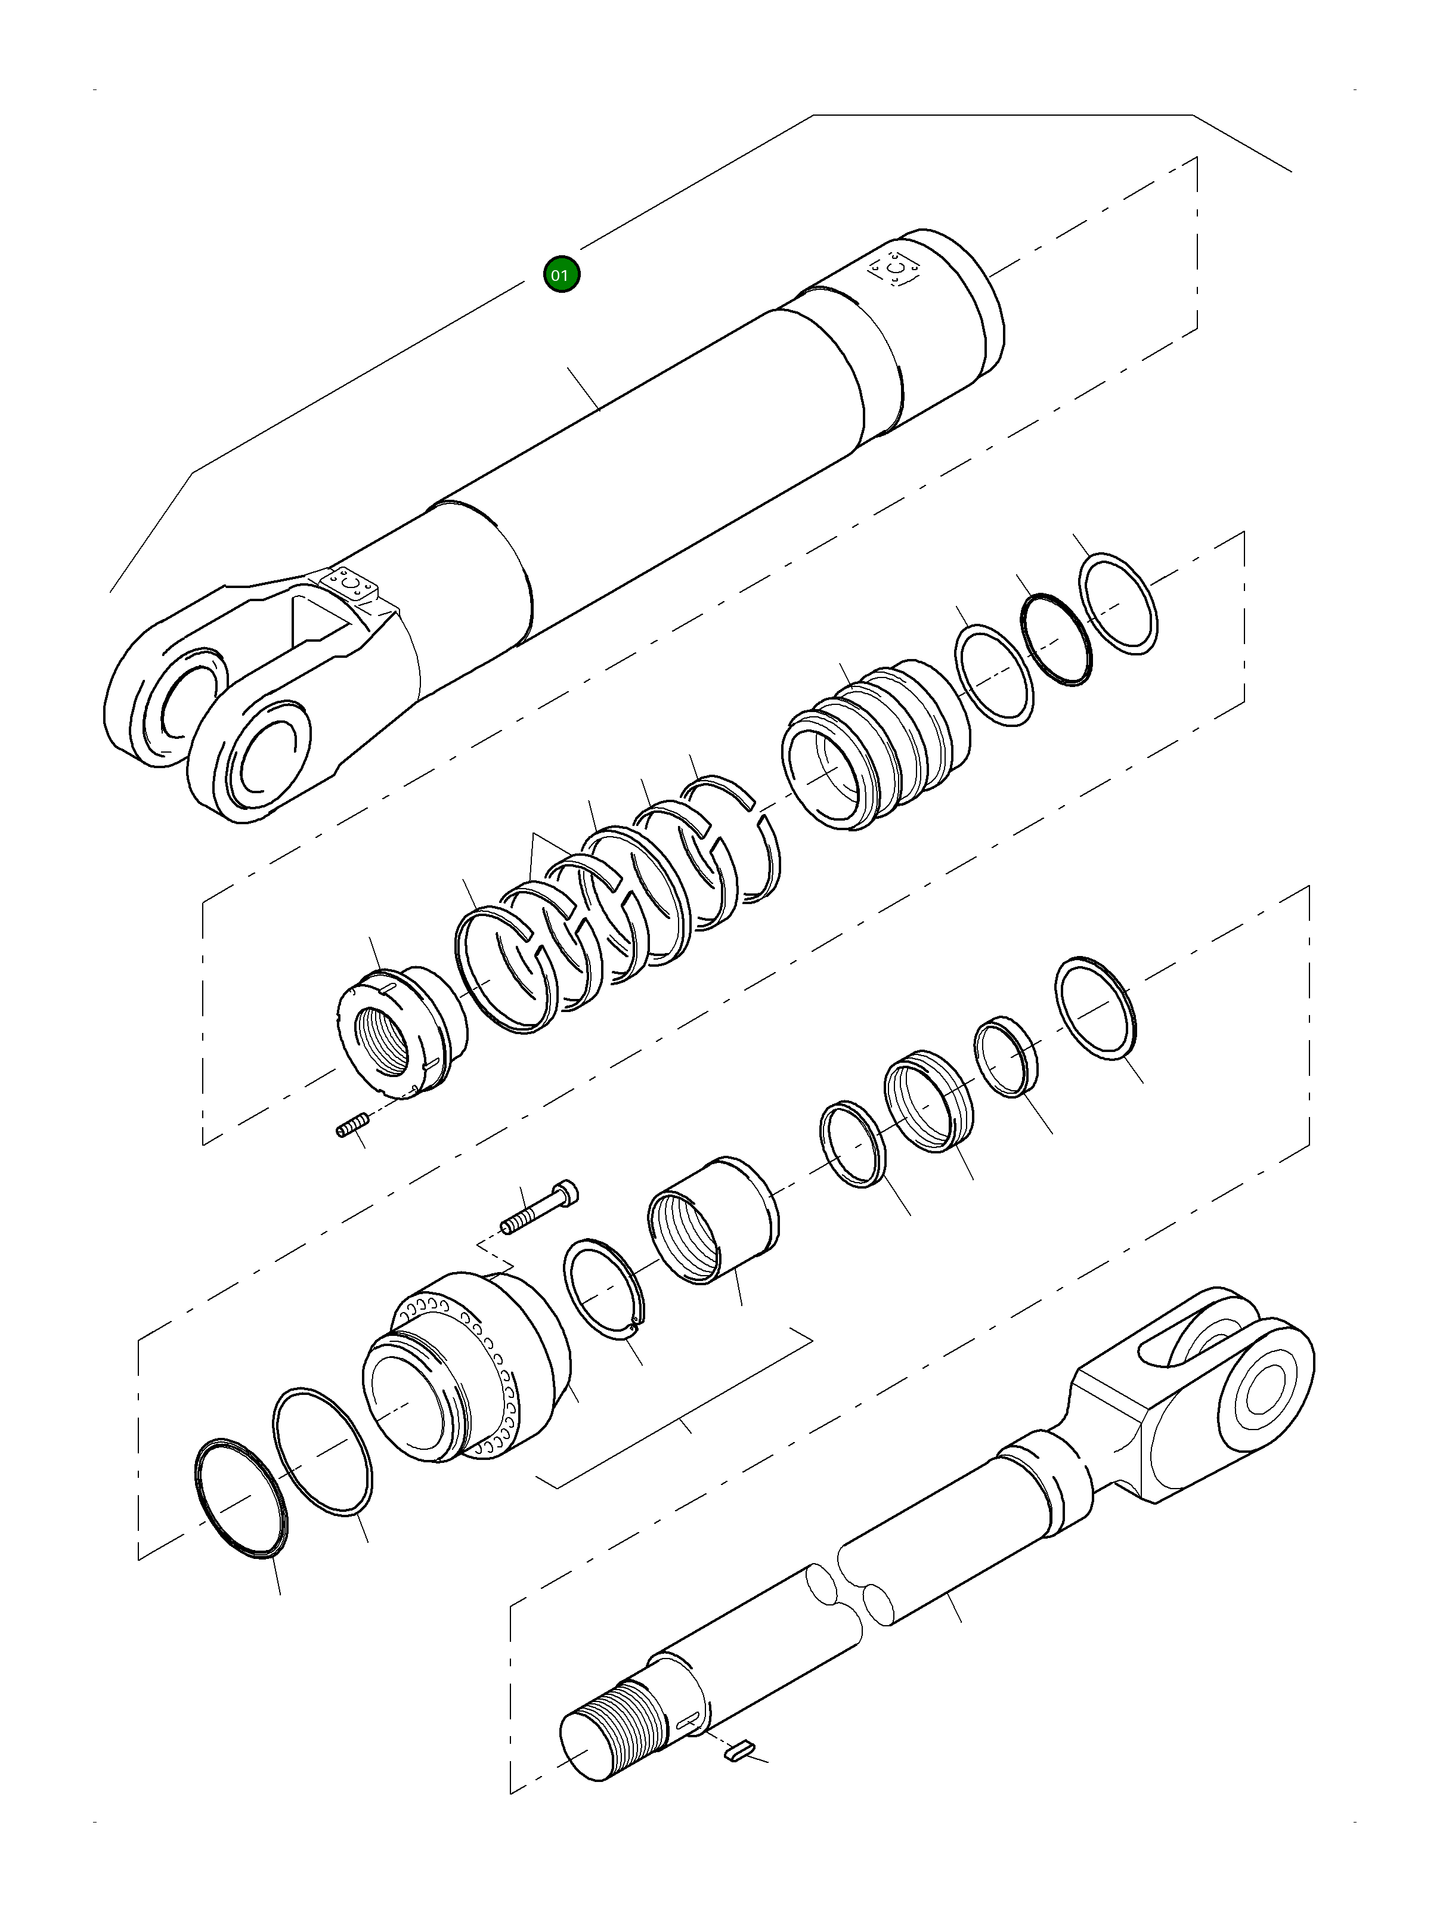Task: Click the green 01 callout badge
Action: pos(561,275)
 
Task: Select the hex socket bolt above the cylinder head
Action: pos(539,1208)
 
